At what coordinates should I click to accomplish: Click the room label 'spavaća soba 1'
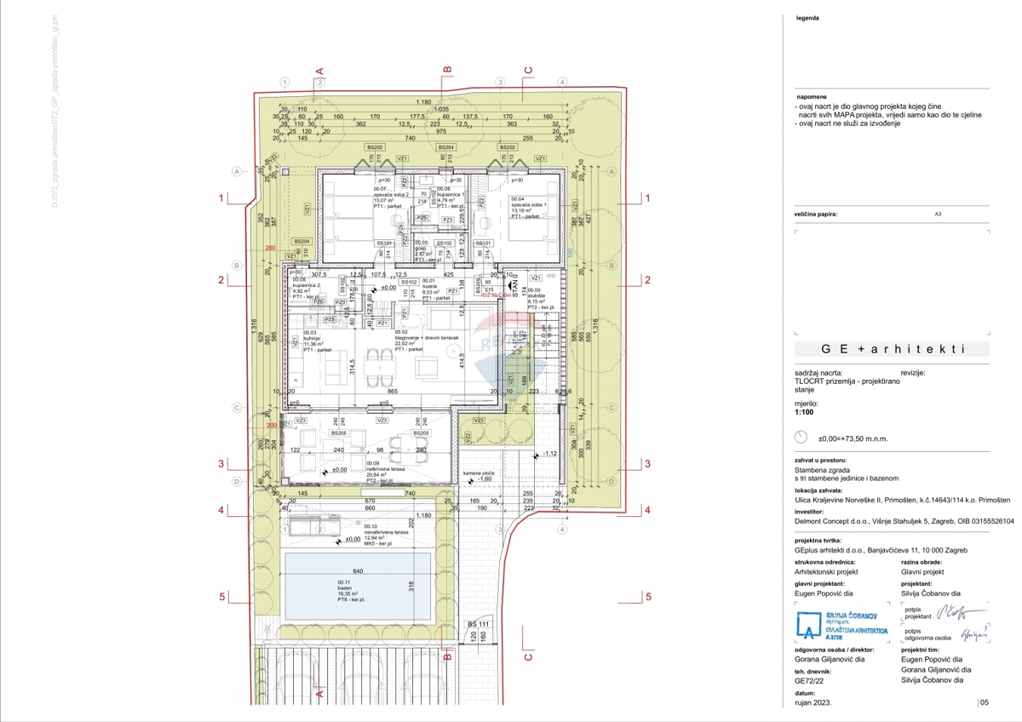pyautogui.click(x=528, y=204)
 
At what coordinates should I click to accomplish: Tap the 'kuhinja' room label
pyautogui.click(x=304, y=338)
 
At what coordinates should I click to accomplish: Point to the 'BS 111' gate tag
pyautogui.click(x=478, y=624)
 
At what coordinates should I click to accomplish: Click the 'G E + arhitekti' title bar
pyautogui.click(x=892, y=349)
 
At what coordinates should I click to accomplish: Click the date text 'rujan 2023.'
pyautogui.click(x=812, y=703)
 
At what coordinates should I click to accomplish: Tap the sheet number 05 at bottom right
pyautogui.click(x=985, y=703)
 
